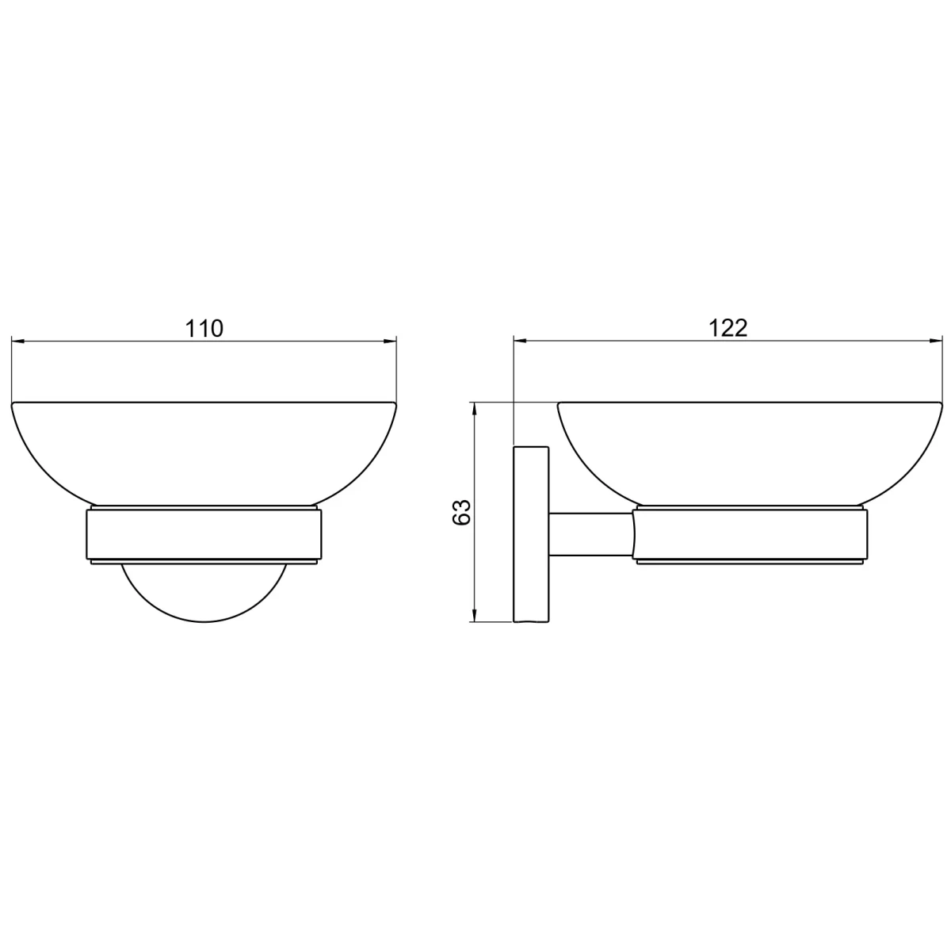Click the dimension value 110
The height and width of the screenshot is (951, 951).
(204, 329)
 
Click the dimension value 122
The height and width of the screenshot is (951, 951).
(728, 328)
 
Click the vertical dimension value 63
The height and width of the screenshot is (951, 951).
(462, 512)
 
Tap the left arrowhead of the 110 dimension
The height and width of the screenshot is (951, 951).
(17, 341)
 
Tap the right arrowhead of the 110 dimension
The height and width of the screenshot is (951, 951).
(390, 341)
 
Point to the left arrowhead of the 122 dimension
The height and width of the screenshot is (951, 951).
(521, 341)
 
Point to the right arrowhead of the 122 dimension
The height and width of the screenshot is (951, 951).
(936, 341)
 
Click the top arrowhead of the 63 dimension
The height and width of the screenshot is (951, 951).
(474, 410)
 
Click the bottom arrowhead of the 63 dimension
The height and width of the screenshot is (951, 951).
(474, 615)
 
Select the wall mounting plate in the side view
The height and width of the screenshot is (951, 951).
(532, 534)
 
